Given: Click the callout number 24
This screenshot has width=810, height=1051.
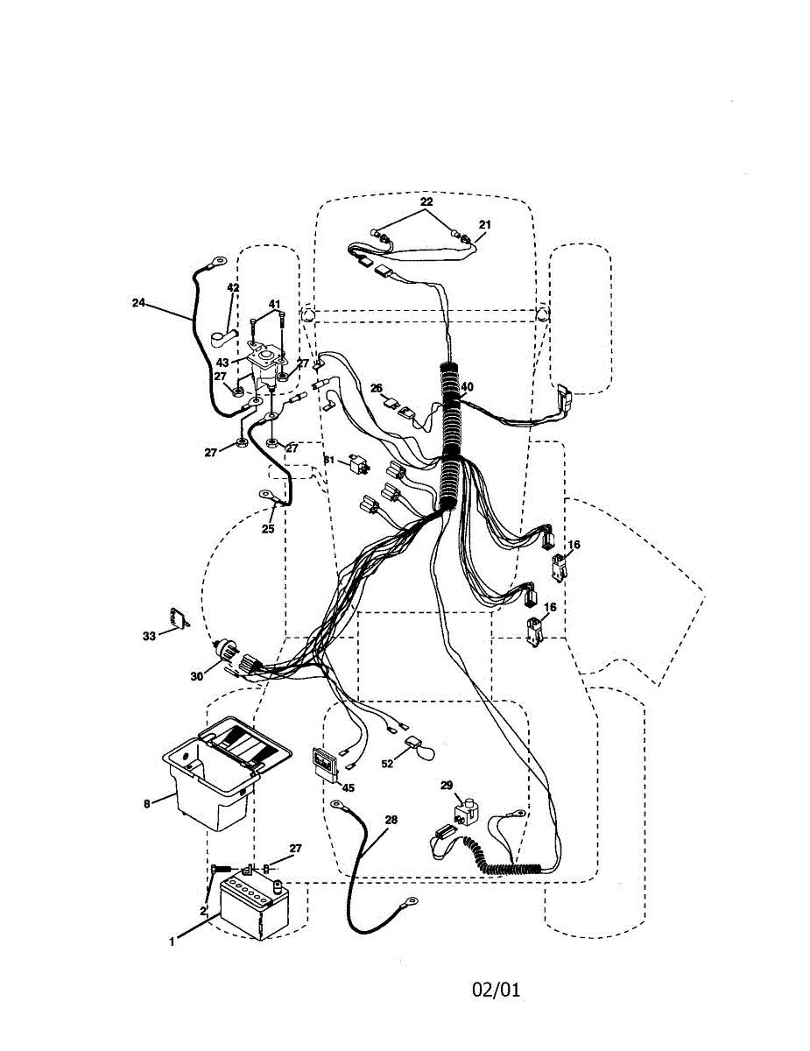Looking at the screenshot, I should pos(138,303).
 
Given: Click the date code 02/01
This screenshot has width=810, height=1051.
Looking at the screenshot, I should pos(497,990).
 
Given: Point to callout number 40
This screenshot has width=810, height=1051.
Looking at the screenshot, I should pos(467,386).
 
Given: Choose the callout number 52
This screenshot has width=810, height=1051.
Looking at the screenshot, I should pos(387,763).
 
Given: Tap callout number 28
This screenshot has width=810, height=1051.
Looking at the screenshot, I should pos(391,820).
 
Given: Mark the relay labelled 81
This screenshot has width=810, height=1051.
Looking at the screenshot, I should pos(356,463).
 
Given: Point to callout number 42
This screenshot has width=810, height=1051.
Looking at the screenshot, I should pos(233,287).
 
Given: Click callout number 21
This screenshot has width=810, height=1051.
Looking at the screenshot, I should pos(485,224).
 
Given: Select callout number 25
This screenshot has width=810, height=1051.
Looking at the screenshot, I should pos(268,529).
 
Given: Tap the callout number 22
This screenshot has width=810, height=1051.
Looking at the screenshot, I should pos(426,201).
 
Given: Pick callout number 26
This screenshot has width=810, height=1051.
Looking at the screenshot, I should pos(377,388).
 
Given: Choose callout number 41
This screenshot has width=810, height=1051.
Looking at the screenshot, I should pos(275,304).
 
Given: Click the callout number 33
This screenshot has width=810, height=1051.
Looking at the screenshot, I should pos(149,636).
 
